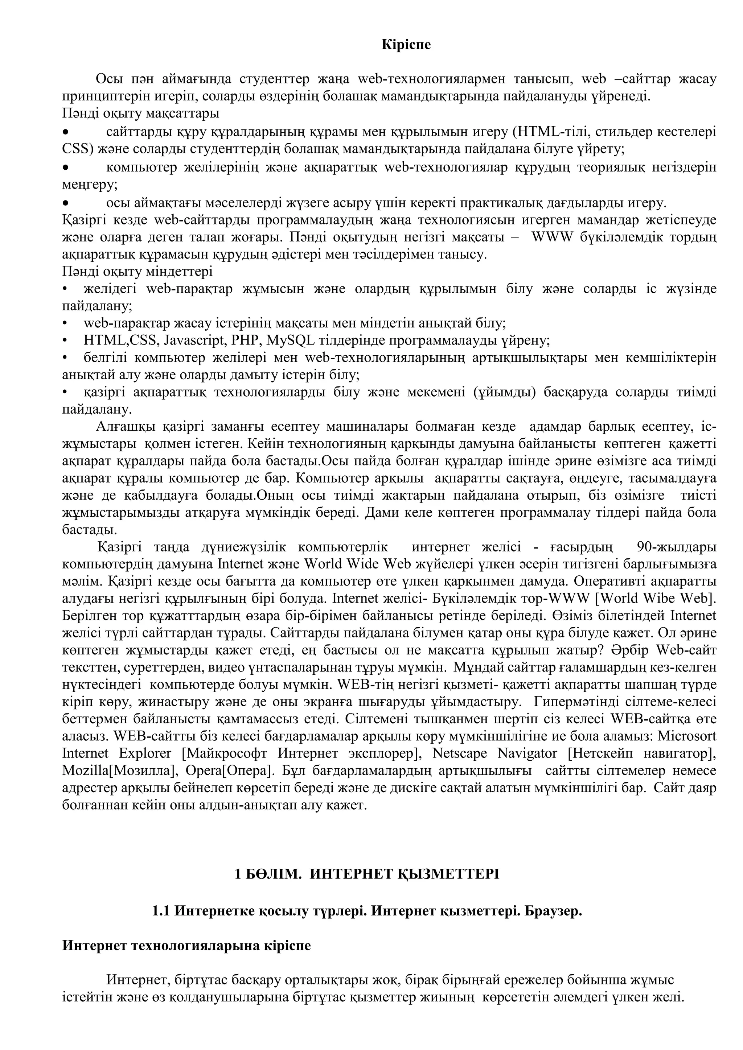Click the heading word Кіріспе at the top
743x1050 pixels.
[406, 45]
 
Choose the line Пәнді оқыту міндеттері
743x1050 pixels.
[137, 272]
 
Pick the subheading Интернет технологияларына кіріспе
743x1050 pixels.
[186, 946]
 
